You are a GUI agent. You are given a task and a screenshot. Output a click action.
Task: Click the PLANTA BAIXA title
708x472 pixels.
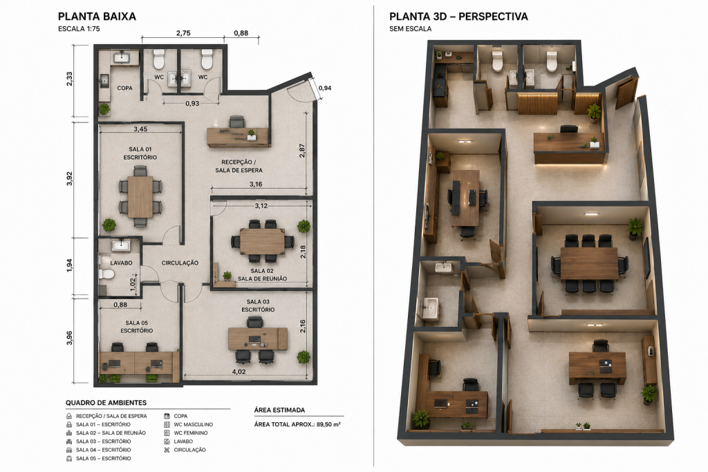point(97,17)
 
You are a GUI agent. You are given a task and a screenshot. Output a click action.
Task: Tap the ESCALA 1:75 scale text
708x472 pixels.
point(79,29)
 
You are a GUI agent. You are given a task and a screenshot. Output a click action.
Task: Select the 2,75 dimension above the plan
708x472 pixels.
point(183,33)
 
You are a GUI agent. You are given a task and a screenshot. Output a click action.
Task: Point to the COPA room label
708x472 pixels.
point(124,88)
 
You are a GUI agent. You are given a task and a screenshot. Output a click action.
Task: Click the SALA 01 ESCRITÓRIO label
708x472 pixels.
point(140,153)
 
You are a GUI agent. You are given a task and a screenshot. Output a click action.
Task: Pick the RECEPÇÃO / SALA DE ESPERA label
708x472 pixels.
point(239,166)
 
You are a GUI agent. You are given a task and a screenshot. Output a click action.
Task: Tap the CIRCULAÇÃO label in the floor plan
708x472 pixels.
point(180,263)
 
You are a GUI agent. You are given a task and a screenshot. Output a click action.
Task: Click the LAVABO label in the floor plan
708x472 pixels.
point(122,263)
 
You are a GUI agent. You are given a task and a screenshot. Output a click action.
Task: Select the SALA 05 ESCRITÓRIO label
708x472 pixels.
point(136,327)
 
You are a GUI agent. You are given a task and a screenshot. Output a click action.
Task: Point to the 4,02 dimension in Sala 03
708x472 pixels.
point(239,372)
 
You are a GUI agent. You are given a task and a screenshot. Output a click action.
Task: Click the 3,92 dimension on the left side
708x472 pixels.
point(70,179)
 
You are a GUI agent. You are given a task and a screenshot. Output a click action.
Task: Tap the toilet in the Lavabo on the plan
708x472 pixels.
point(106,274)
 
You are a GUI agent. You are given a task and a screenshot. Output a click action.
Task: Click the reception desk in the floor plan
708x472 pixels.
point(238,136)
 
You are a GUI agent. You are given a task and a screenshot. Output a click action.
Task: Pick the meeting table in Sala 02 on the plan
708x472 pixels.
point(262,241)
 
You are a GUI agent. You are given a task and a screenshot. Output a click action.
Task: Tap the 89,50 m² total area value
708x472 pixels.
point(328,424)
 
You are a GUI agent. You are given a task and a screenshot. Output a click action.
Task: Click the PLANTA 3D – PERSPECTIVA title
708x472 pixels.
point(458,17)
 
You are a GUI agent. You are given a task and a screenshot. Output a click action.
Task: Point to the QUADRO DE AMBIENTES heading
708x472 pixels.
point(106,402)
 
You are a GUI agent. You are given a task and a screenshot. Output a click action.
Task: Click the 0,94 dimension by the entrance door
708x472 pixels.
point(325,88)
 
